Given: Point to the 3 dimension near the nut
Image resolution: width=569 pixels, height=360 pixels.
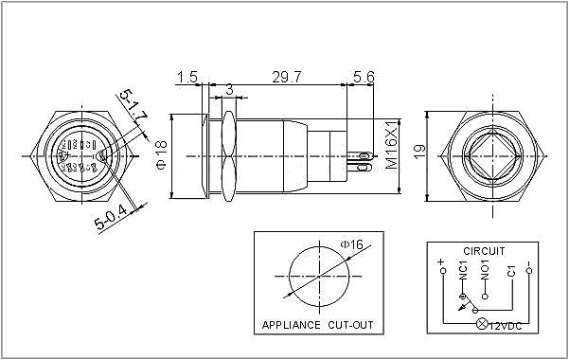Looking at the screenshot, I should point(228,90).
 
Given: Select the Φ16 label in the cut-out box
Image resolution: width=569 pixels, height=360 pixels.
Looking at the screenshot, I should point(353,245).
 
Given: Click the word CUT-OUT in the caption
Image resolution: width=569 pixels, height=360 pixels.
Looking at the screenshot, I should point(350,325).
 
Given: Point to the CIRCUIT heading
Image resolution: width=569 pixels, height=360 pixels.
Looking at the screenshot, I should point(483,251).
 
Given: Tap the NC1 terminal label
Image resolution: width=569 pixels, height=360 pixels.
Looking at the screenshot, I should point(462,272).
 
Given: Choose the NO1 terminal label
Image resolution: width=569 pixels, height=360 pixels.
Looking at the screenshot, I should point(485,272).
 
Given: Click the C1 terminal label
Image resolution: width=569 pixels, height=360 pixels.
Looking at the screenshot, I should point(510,272).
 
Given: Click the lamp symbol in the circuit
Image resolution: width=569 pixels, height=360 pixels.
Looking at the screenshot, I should point(480,325).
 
